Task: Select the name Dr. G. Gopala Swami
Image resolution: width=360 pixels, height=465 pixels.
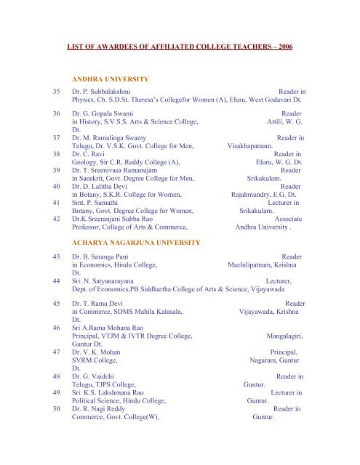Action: click(103, 115)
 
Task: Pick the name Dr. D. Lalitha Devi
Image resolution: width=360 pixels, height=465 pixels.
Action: click(103, 186)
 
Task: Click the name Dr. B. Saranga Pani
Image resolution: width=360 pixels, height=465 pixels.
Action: click(105, 257)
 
